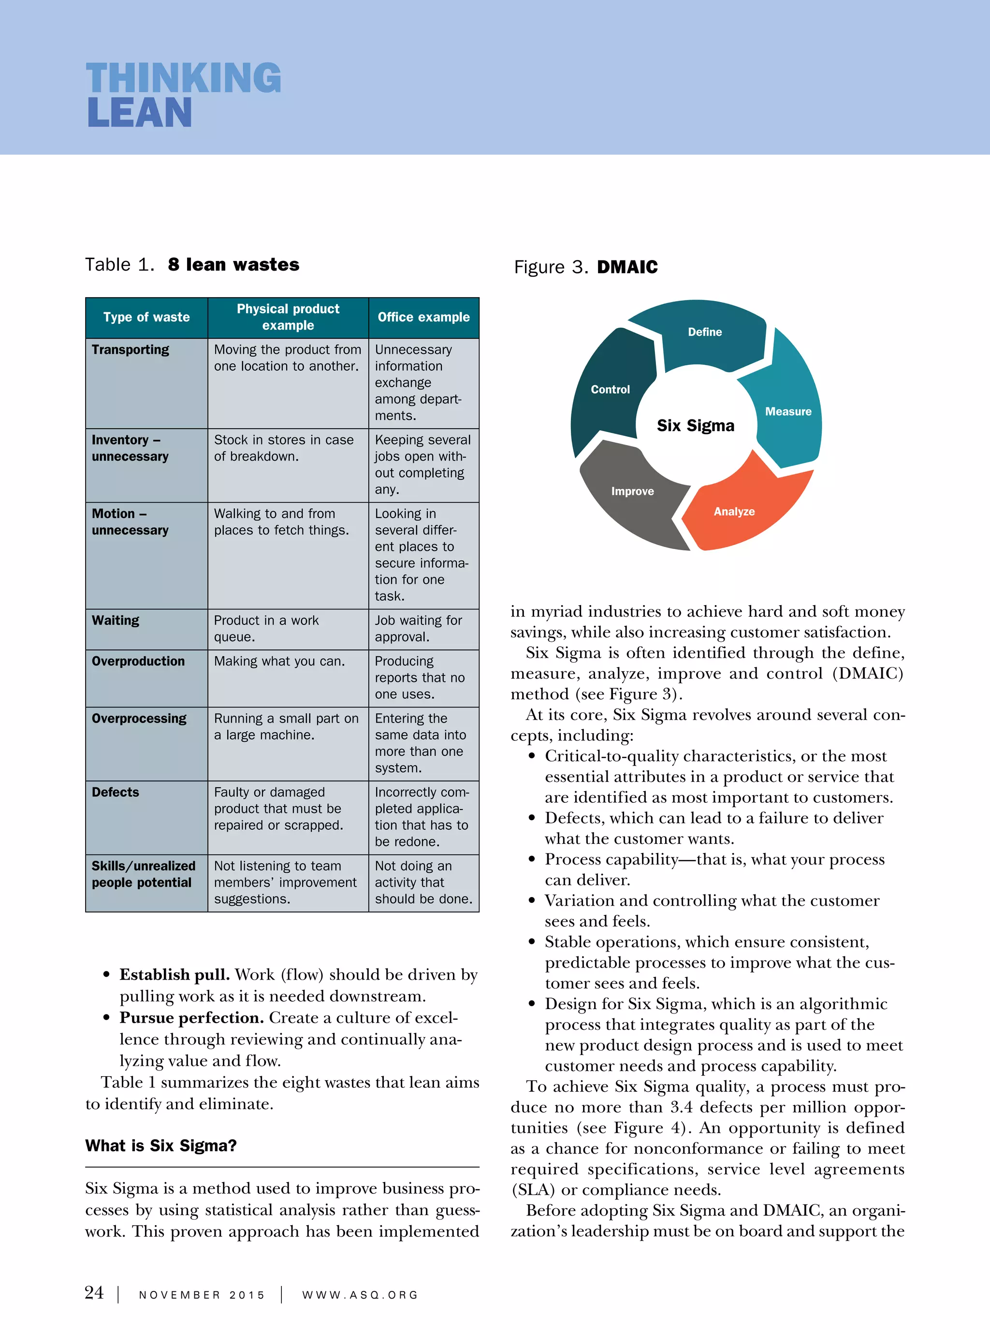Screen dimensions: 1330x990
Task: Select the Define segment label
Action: (705, 332)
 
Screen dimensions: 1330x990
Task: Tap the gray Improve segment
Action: (632, 492)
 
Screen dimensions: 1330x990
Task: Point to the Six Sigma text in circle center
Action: (695, 425)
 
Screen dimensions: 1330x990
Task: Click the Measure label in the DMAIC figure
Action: (788, 412)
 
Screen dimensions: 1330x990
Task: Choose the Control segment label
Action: (610, 390)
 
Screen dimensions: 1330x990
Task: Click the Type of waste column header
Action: (146, 317)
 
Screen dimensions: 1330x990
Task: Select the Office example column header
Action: (423, 317)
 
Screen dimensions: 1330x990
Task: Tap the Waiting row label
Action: (115, 620)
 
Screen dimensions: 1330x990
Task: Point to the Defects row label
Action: (115, 792)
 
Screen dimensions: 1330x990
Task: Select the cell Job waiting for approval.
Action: (418, 628)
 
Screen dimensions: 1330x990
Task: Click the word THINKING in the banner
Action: (183, 78)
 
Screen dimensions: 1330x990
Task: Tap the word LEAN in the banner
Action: (139, 113)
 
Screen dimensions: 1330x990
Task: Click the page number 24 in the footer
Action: (94, 1292)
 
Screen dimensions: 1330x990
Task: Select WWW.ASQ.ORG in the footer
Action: (360, 1295)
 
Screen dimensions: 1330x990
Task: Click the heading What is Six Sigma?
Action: (160, 1145)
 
